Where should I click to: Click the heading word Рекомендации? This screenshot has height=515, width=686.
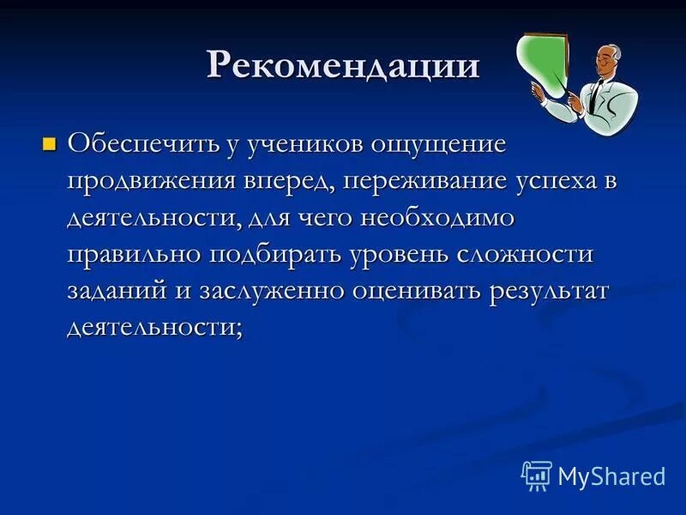(x=342, y=65)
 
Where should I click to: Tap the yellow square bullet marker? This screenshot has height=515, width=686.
(x=49, y=142)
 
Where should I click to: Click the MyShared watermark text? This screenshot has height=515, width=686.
(x=611, y=476)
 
